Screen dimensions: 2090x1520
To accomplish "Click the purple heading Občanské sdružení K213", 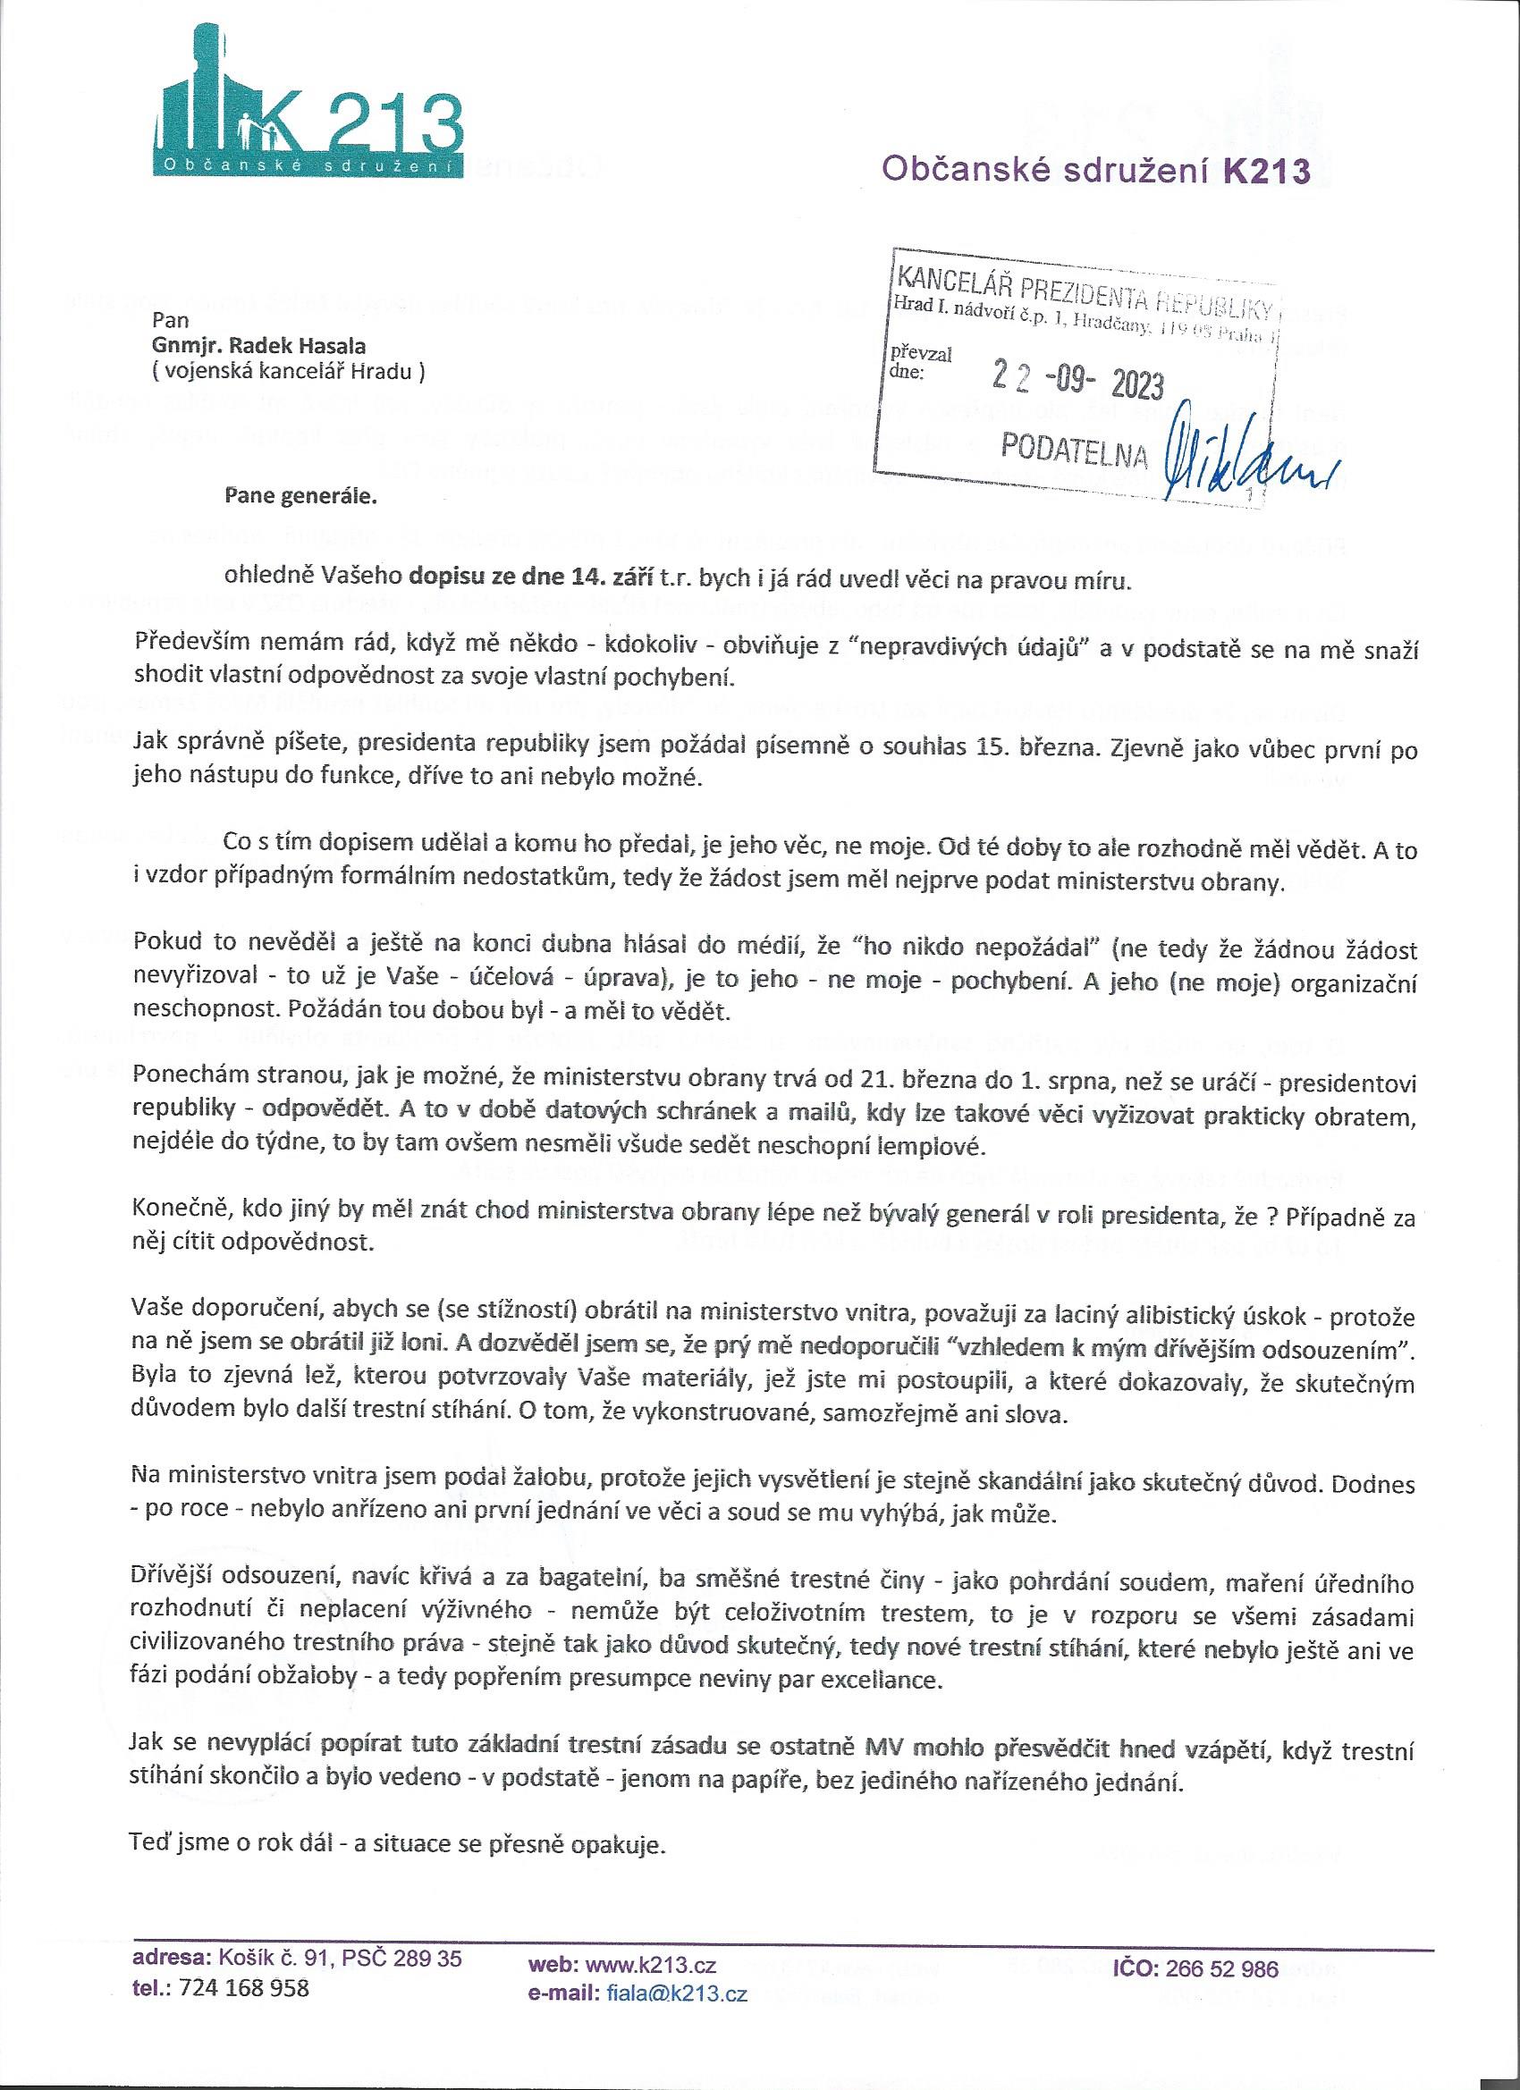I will [1096, 171].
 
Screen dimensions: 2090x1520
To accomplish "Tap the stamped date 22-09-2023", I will [1077, 380].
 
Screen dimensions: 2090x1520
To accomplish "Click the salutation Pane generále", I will [301, 499].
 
